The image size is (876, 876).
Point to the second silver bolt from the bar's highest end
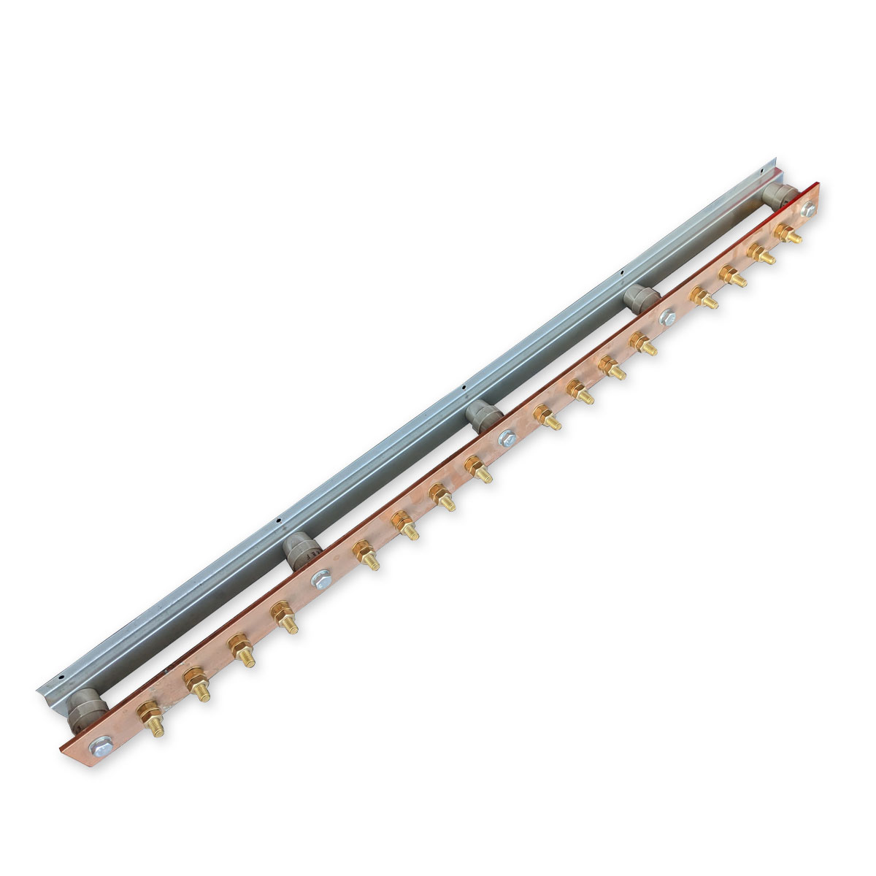(x=666, y=318)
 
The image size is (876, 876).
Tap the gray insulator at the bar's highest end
(x=778, y=195)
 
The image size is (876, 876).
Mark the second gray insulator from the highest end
(x=640, y=299)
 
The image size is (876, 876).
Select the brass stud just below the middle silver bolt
(x=477, y=468)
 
